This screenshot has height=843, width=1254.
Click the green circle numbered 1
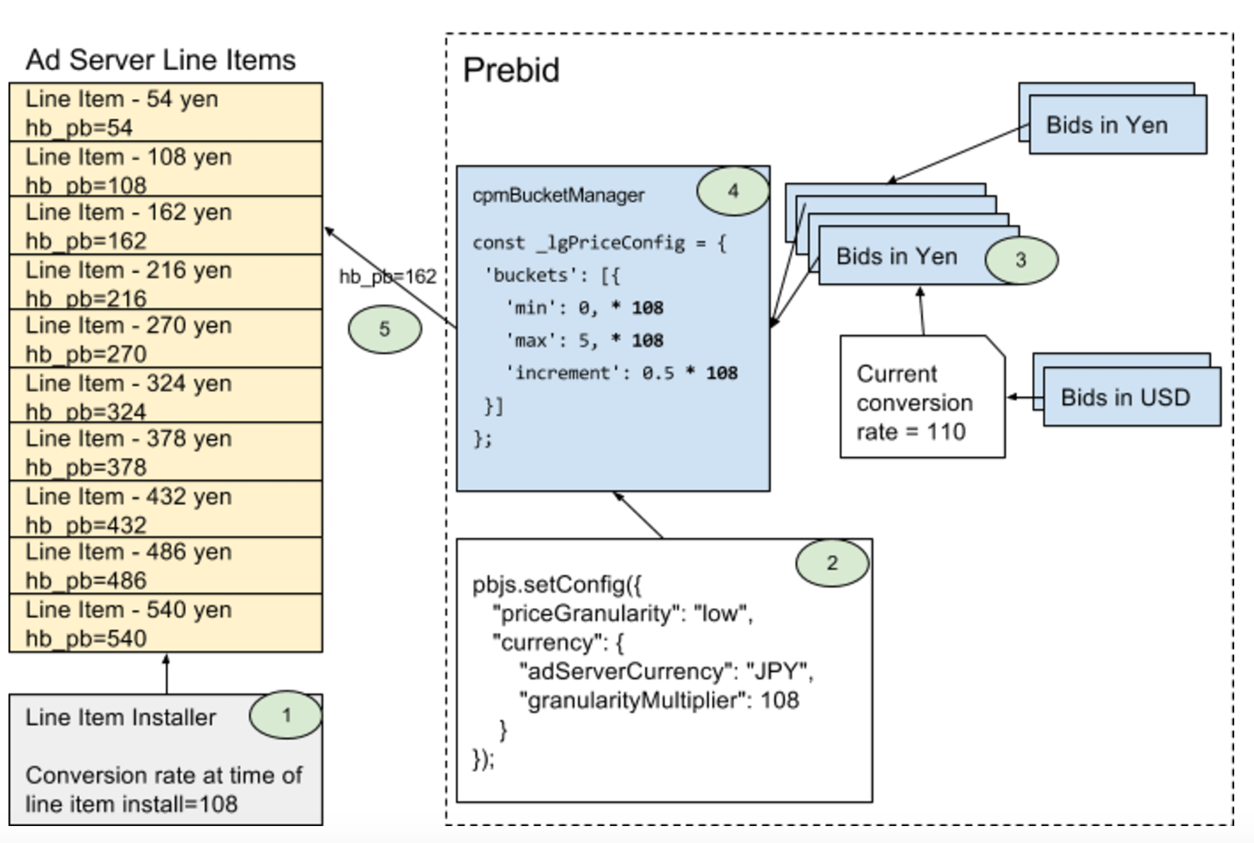[286, 715]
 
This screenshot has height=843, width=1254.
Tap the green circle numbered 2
[832, 563]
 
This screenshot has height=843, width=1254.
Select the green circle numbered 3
[1021, 260]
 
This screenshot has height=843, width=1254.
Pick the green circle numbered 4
[733, 190]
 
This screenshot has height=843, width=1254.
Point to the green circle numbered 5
[385, 329]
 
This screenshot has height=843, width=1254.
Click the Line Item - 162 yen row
[165, 226]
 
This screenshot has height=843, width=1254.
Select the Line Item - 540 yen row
[165, 623]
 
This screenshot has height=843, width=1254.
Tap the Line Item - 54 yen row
[165, 112]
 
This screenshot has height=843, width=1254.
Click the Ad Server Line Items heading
[160, 60]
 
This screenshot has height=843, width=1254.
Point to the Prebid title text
[511, 70]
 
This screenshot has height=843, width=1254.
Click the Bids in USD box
[1131, 397]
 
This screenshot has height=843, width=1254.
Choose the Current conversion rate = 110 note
[919, 402]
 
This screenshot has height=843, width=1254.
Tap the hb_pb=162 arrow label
[387, 277]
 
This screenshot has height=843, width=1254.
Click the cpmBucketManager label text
[558, 195]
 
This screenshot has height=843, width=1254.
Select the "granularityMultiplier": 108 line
[659, 700]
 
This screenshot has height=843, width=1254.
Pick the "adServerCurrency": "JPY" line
[666, 671]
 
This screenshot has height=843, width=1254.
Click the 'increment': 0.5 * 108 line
[621, 373]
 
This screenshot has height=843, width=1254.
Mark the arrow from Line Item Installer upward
[166, 673]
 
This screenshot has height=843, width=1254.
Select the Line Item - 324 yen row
[165, 397]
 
